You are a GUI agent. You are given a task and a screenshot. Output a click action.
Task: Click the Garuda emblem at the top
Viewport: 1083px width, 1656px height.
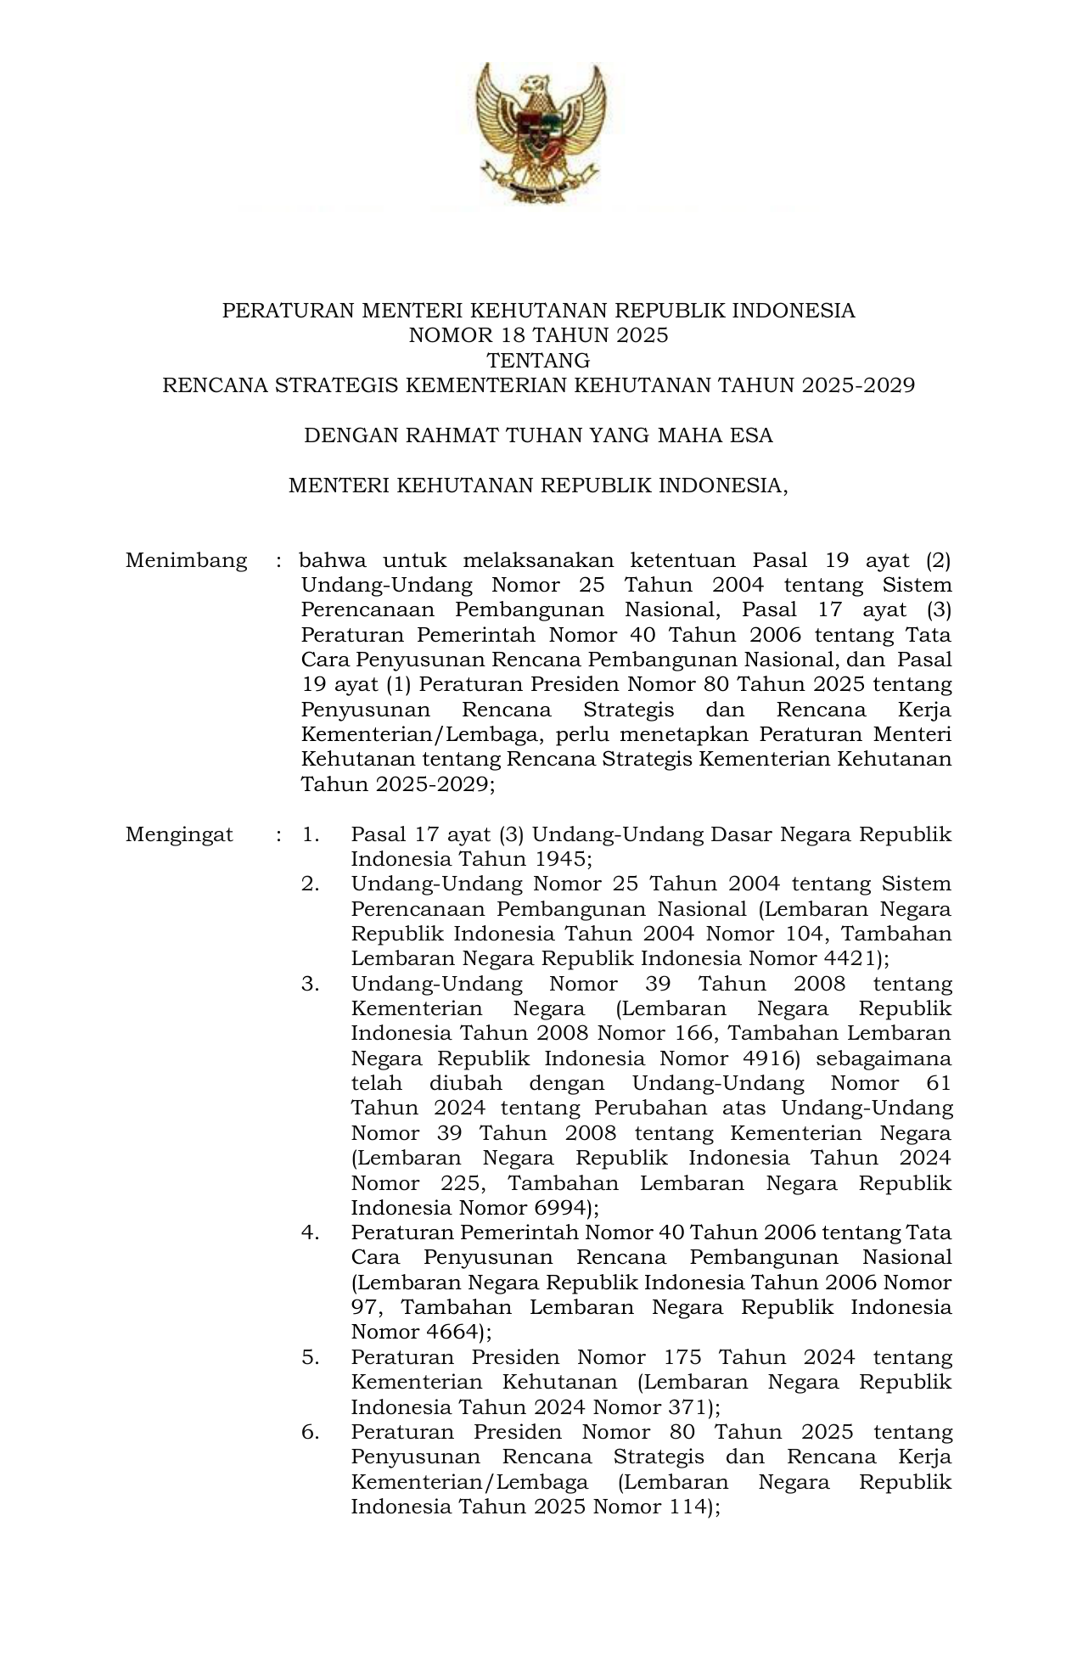pos(541,133)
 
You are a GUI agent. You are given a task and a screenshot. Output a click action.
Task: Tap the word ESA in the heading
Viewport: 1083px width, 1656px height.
pos(751,435)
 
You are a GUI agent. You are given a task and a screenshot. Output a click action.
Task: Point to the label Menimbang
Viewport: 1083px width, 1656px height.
pos(187,560)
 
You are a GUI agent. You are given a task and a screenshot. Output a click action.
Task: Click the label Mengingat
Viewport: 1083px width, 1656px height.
pos(179,834)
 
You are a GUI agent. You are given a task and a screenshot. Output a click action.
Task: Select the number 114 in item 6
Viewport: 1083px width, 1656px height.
pos(682,1507)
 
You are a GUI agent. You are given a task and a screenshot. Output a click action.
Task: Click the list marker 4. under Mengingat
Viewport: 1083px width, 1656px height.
pos(310,1232)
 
